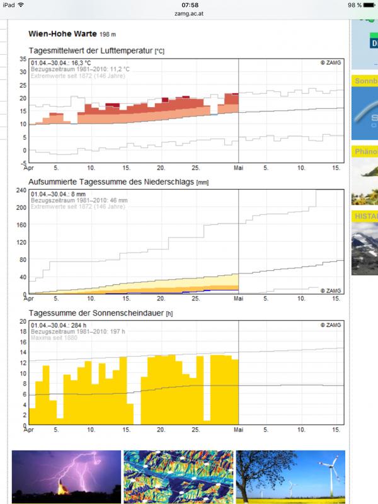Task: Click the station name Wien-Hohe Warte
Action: pyautogui.click(x=62, y=33)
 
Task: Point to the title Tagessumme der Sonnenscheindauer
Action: pyautogui.click(x=96, y=313)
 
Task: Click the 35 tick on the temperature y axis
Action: pyautogui.click(x=23, y=59)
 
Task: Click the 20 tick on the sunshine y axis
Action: pyautogui.click(x=23, y=321)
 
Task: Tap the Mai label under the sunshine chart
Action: pyautogui.click(x=239, y=430)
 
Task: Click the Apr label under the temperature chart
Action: pyautogui.click(x=29, y=168)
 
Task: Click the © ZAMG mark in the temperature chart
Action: pyautogui.click(x=330, y=63)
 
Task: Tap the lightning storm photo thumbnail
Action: pyautogui.click(x=66, y=477)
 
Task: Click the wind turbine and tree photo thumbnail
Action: pyautogui.click(x=290, y=477)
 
